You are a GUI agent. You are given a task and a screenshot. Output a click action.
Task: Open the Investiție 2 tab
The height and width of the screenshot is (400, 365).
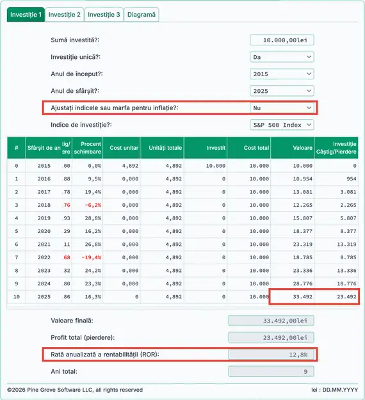click(x=65, y=14)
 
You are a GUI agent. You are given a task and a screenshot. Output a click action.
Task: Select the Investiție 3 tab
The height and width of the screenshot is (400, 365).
click(x=104, y=14)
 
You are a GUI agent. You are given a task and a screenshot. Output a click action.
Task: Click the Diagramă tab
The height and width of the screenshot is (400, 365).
click(x=141, y=14)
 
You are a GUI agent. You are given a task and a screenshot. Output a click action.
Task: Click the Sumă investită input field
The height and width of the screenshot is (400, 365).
click(x=282, y=40)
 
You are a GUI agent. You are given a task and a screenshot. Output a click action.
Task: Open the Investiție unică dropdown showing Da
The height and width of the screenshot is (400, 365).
click(x=282, y=57)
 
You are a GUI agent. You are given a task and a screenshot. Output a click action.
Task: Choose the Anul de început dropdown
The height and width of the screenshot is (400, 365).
click(x=282, y=74)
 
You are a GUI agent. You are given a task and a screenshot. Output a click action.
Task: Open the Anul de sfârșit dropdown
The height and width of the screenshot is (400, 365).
click(x=282, y=91)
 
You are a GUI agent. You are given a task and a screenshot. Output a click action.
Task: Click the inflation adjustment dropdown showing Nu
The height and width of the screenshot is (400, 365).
click(x=282, y=108)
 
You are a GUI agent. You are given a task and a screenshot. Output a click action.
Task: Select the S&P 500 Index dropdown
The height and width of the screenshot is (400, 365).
click(x=282, y=125)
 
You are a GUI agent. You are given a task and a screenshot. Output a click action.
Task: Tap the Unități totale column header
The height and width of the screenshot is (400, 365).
click(x=165, y=148)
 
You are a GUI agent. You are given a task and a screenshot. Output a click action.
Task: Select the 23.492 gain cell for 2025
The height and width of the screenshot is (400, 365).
click(x=337, y=297)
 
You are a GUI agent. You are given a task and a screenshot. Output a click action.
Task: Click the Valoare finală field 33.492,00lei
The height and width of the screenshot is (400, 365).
click(x=271, y=321)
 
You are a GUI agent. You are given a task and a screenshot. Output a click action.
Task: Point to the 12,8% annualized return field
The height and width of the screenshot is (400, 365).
click(x=271, y=354)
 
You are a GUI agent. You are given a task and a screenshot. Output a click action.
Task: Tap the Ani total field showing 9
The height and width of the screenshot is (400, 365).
click(x=271, y=371)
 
